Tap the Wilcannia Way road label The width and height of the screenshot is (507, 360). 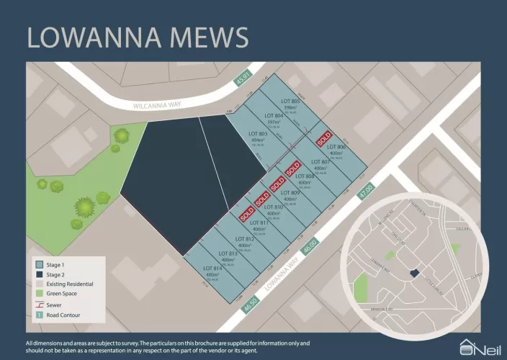tap(156, 104)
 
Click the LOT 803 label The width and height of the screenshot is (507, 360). tap(258, 134)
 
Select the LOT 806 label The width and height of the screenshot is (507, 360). tap(338, 148)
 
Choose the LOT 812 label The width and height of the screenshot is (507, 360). tap(244, 239)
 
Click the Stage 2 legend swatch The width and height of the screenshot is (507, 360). tap(39, 274)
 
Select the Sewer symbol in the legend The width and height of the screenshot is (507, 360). tap(39, 305)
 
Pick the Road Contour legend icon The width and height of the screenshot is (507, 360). tap(39, 315)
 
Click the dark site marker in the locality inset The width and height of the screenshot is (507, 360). tap(413, 274)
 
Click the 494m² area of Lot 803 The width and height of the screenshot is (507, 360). tap(257, 141)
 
